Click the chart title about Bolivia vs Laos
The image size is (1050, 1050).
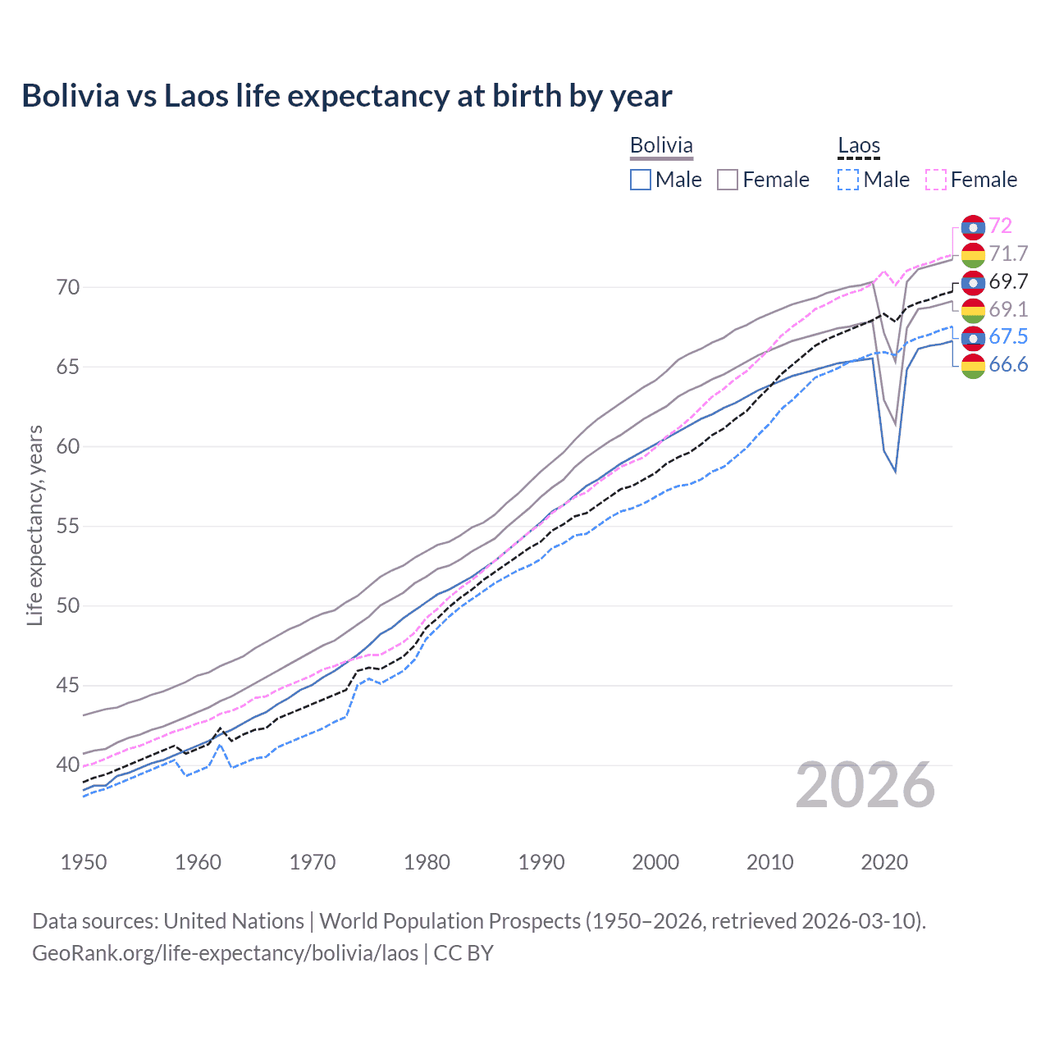tap(346, 96)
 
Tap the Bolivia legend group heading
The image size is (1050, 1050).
tap(661, 145)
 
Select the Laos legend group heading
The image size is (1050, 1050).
tap(858, 146)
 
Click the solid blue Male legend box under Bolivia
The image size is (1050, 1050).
tap(641, 180)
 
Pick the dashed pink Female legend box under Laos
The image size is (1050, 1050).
tap(936, 180)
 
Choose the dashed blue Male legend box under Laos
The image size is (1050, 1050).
tap(848, 180)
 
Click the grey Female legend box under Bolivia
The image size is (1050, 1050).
tap(728, 180)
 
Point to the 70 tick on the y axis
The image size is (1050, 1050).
tap(68, 287)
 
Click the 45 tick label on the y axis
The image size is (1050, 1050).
tap(68, 685)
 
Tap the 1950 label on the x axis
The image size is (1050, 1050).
tap(84, 862)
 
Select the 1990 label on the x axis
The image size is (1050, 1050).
tap(541, 862)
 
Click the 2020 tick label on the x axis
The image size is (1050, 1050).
tap(884, 862)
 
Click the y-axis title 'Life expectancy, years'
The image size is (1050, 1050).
tap(34, 526)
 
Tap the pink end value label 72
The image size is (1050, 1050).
tap(1000, 226)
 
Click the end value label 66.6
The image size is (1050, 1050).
tap(1008, 365)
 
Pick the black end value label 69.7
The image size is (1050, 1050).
tap(1008, 281)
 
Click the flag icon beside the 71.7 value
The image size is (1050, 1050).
tap(973, 254)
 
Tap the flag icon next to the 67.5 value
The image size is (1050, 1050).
tap(973, 337)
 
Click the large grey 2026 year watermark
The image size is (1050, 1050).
tap(865, 785)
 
